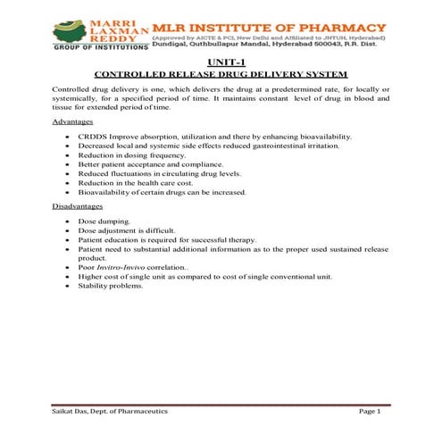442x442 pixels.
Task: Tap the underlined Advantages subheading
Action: pos(73,121)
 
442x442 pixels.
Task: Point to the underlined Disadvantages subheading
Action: pos(79,206)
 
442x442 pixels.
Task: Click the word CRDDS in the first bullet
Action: pos(93,136)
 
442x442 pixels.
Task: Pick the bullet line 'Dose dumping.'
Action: pos(104,220)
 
